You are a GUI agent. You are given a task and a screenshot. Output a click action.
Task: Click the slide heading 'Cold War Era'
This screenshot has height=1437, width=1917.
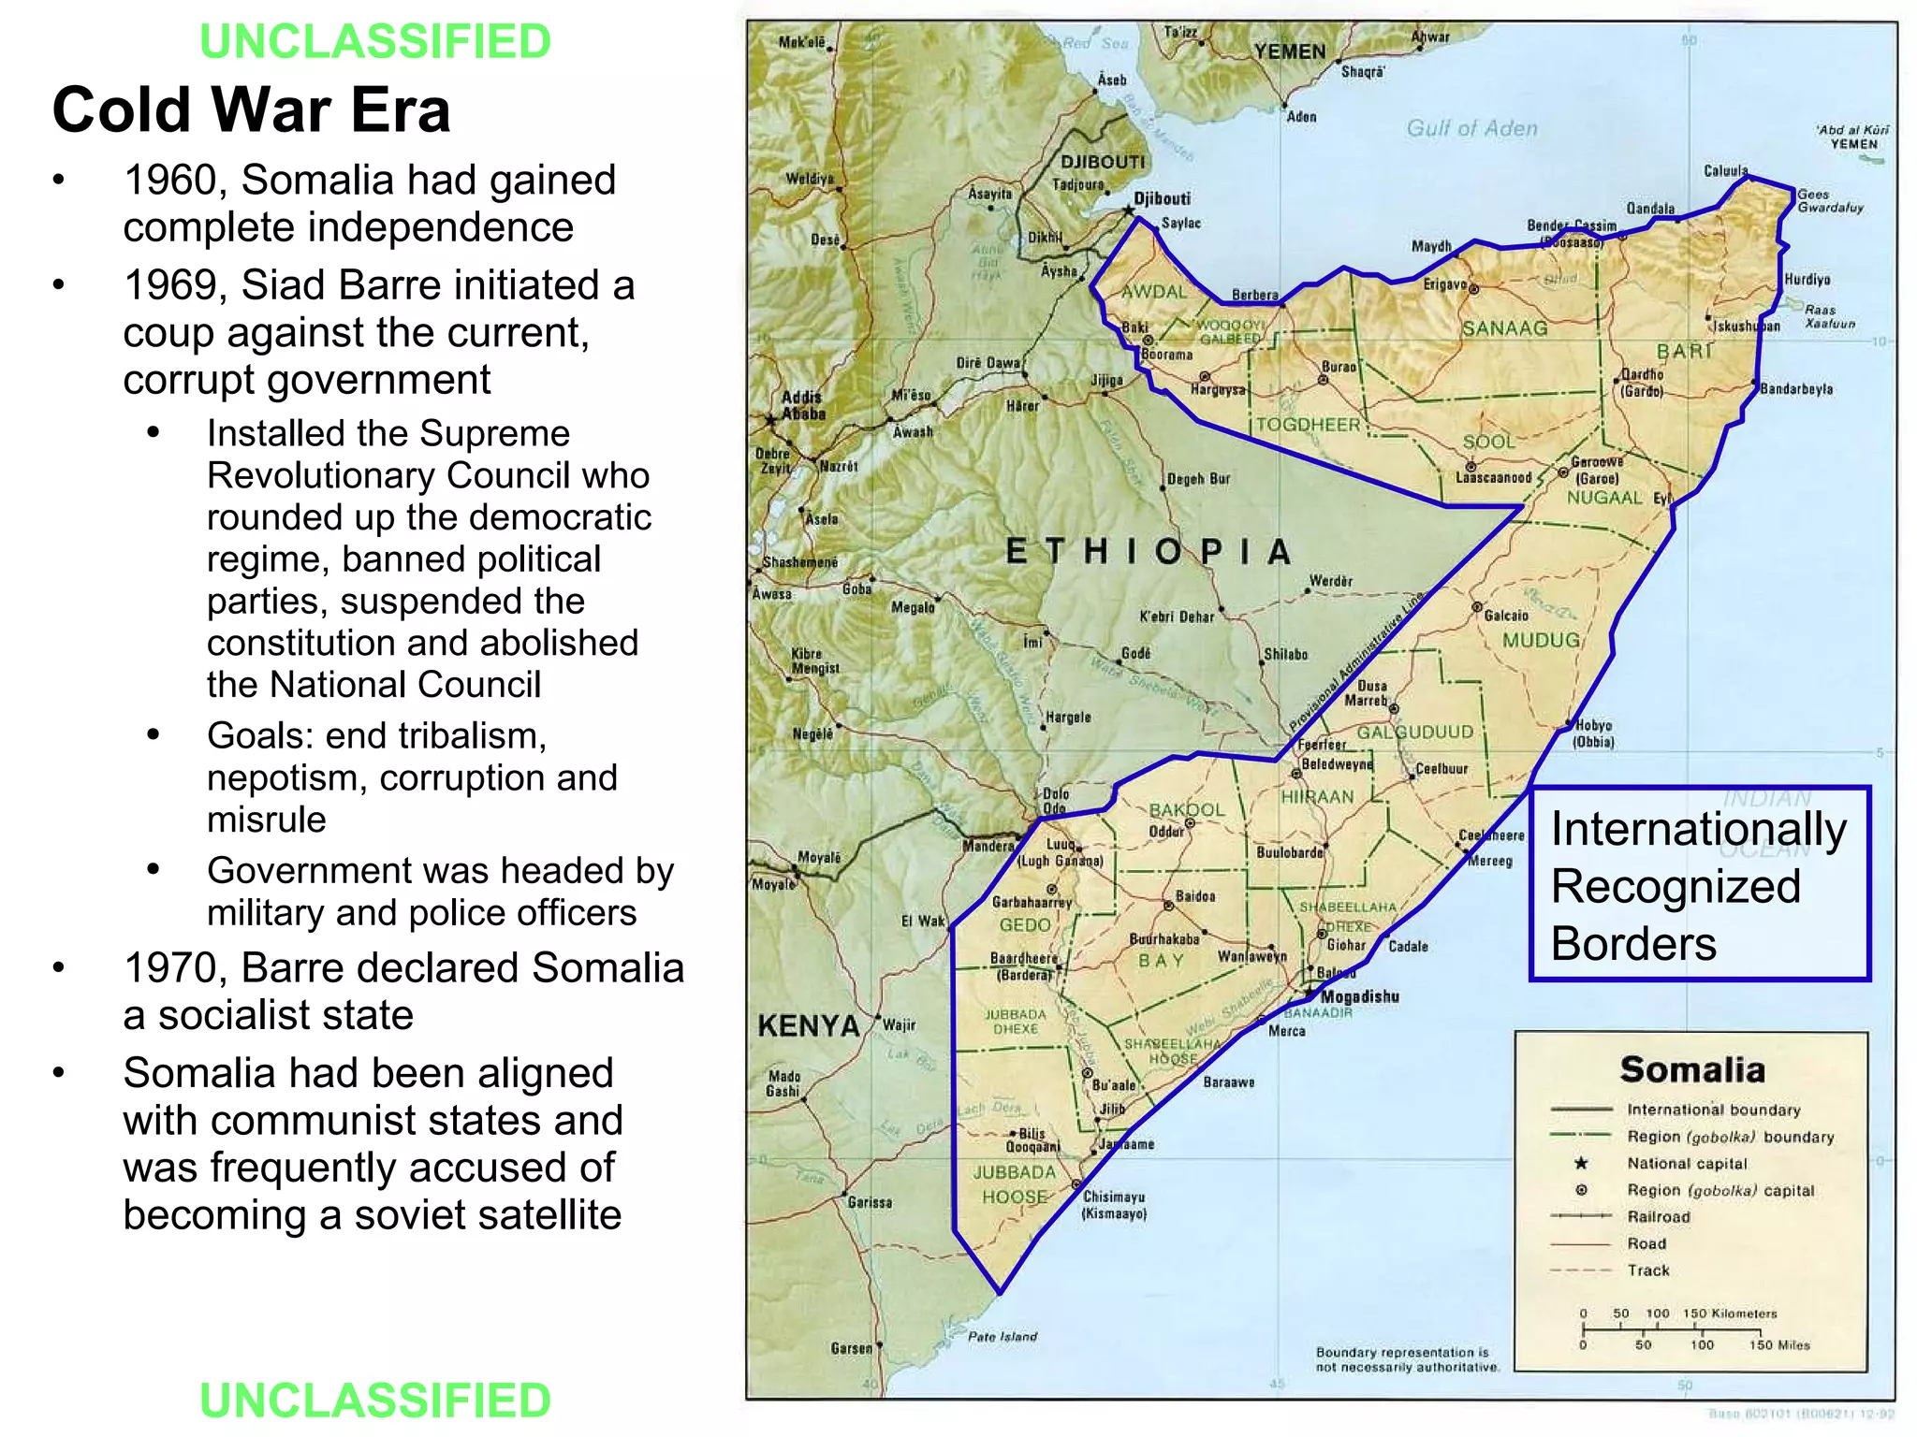point(251,110)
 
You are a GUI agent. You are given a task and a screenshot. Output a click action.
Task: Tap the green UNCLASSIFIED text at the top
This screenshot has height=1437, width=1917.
point(375,42)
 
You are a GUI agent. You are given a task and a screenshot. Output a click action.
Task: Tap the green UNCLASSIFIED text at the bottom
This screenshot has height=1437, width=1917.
point(375,1401)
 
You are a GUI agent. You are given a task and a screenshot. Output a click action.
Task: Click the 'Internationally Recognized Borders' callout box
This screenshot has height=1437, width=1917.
point(1699,884)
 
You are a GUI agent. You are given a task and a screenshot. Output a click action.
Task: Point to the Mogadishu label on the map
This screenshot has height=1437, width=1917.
point(1359,997)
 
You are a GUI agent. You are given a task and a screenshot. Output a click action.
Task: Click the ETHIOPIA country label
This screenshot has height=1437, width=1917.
point(1148,552)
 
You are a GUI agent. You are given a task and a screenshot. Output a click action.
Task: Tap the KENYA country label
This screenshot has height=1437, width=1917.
point(808,1026)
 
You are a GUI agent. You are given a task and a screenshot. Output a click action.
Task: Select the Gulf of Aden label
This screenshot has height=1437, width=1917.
point(1471,129)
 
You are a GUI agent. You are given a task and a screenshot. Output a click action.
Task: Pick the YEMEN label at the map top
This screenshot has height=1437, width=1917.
point(1290,51)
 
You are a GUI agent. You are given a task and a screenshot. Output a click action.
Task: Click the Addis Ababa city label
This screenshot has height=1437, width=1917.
point(803,405)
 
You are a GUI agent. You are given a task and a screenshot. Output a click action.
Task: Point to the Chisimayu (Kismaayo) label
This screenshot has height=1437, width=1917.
point(1114,1205)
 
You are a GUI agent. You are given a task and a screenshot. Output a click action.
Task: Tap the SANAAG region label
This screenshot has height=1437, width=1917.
point(1504,328)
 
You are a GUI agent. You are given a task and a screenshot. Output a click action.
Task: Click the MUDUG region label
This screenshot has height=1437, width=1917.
point(1541,641)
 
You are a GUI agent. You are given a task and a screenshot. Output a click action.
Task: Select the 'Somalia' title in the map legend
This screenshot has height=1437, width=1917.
point(1691,1069)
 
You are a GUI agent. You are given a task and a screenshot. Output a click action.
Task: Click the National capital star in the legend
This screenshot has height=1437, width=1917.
point(1581,1163)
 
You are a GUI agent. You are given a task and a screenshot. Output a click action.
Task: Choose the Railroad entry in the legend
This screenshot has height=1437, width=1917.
point(1658,1217)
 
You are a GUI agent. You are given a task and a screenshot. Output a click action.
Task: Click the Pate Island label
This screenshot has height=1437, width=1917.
point(1002,1337)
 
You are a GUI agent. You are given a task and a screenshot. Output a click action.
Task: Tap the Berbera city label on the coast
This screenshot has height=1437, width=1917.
point(1254,295)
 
